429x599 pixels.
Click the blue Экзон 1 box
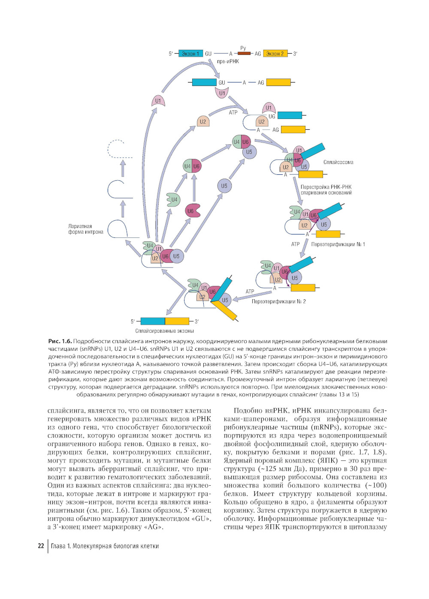click(x=190, y=54)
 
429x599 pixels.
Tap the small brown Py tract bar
click(x=244, y=53)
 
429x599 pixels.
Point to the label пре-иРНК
click(x=228, y=61)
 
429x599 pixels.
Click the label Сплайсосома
click(x=338, y=162)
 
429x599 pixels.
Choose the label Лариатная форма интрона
click(x=85, y=229)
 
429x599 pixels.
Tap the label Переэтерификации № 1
click(x=338, y=244)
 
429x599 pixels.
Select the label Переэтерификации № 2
click(x=278, y=301)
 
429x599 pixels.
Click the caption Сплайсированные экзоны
click(x=164, y=331)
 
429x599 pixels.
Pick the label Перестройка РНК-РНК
click(x=326, y=187)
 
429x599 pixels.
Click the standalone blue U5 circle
click(x=224, y=186)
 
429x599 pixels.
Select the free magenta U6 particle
click(x=191, y=211)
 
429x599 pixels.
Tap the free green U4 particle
click(x=173, y=200)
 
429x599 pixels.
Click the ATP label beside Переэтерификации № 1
click(x=295, y=244)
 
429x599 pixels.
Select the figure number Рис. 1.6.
click(x=60, y=341)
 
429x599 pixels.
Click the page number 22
click(x=41, y=546)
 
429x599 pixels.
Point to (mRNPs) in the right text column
click(x=326, y=427)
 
